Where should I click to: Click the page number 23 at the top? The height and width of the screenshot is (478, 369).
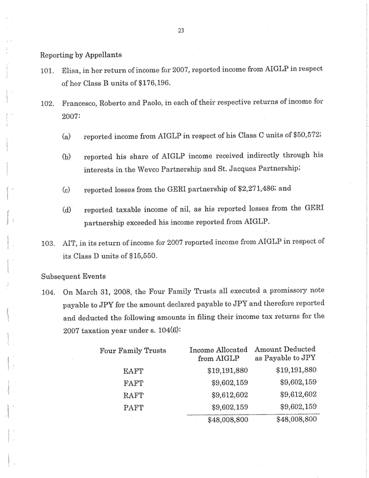click(x=181, y=32)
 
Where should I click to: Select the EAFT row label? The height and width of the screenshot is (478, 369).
click(x=134, y=373)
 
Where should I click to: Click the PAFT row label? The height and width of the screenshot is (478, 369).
click(x=134, y=408)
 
